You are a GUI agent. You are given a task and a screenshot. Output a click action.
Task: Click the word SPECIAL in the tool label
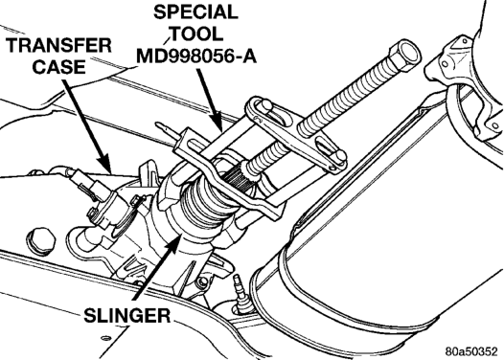point(195,12)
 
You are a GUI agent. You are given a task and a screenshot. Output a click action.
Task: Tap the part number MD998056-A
point(196,56)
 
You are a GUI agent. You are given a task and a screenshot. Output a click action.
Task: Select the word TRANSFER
point(59,45)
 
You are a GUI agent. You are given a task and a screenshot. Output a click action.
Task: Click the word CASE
point(58,66)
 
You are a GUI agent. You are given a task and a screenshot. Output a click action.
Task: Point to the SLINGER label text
point(127,315)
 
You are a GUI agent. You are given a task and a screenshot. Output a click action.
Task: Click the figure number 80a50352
point(471,351)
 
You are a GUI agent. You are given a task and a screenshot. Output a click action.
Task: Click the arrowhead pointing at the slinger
point(173,243)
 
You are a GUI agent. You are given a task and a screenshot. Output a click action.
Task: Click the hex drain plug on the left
point(41,241)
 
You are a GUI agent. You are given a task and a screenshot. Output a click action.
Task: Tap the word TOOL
point(197,34)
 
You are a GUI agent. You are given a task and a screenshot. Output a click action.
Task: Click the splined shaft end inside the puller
point(237,180)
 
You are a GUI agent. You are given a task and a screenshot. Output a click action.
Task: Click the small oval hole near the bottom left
point(104,338)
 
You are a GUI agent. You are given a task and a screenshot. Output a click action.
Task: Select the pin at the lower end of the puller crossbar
point(339,156)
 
